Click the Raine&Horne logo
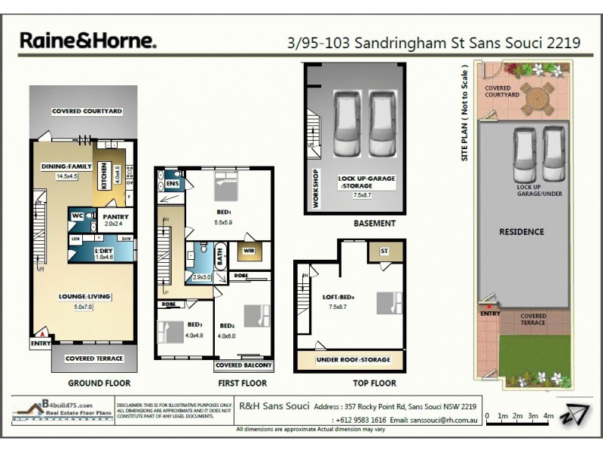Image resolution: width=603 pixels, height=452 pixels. click(x=87, y=41)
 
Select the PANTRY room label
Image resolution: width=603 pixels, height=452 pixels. click(x=117, y=217)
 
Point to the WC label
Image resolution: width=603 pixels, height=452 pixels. click(x=77, y=216)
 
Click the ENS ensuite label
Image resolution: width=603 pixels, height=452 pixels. click(x=172, y=183)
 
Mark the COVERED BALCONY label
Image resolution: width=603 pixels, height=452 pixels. click(x=243, y=365)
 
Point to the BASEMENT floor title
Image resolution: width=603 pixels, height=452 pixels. click(x=374, y=224)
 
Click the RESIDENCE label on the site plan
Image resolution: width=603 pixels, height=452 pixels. click(x=521, y=231)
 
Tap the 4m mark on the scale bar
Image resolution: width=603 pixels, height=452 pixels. click(x=549, y=416)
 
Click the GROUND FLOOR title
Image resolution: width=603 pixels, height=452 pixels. click(x=84, y=383)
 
